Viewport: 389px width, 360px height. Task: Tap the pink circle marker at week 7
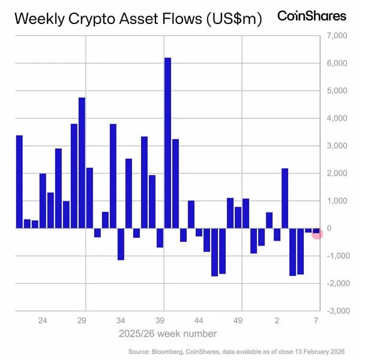pyautogui.click(x=317, y=233)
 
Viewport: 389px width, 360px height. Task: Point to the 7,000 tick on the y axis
pyautogui.click(x=337, y=36)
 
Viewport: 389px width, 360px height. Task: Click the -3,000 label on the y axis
pyautogui.click(x=335, y=311)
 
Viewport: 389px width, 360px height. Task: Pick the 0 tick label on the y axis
pyautogui.click(x=330, y=229)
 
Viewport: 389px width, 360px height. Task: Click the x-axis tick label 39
pyautogui.click(x=161, y=320)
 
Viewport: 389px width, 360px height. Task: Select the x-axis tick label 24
pyautogui.click(x=43, y=320)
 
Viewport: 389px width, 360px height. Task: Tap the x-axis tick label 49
pyautogui.click(x=239, y=320)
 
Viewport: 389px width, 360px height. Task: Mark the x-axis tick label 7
pyautogui.click(x=316, y=320)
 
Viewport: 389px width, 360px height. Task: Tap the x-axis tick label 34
pyautogui.click(x=121, y=320)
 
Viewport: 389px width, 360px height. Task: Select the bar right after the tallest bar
pyautogui.click(x=175, y=184)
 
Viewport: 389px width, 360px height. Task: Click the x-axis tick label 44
pyautogui.click(x=200, y=320)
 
